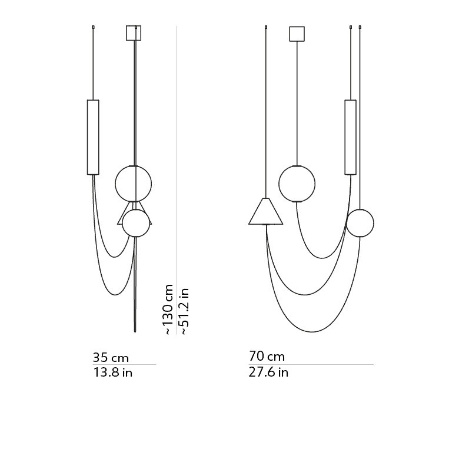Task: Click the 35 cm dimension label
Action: pos(111,357)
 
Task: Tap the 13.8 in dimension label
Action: pos(113,372)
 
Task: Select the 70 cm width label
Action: pos(267,356)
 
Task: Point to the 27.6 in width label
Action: pos(268,372)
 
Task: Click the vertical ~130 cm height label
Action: pos(169,310)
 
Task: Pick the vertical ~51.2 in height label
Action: pos(184,311)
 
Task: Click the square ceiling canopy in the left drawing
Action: pos(134,33)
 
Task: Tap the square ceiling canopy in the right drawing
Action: pos(297,34)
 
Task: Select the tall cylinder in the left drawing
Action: pos(93,137)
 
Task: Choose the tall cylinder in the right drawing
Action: pos(350,137)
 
